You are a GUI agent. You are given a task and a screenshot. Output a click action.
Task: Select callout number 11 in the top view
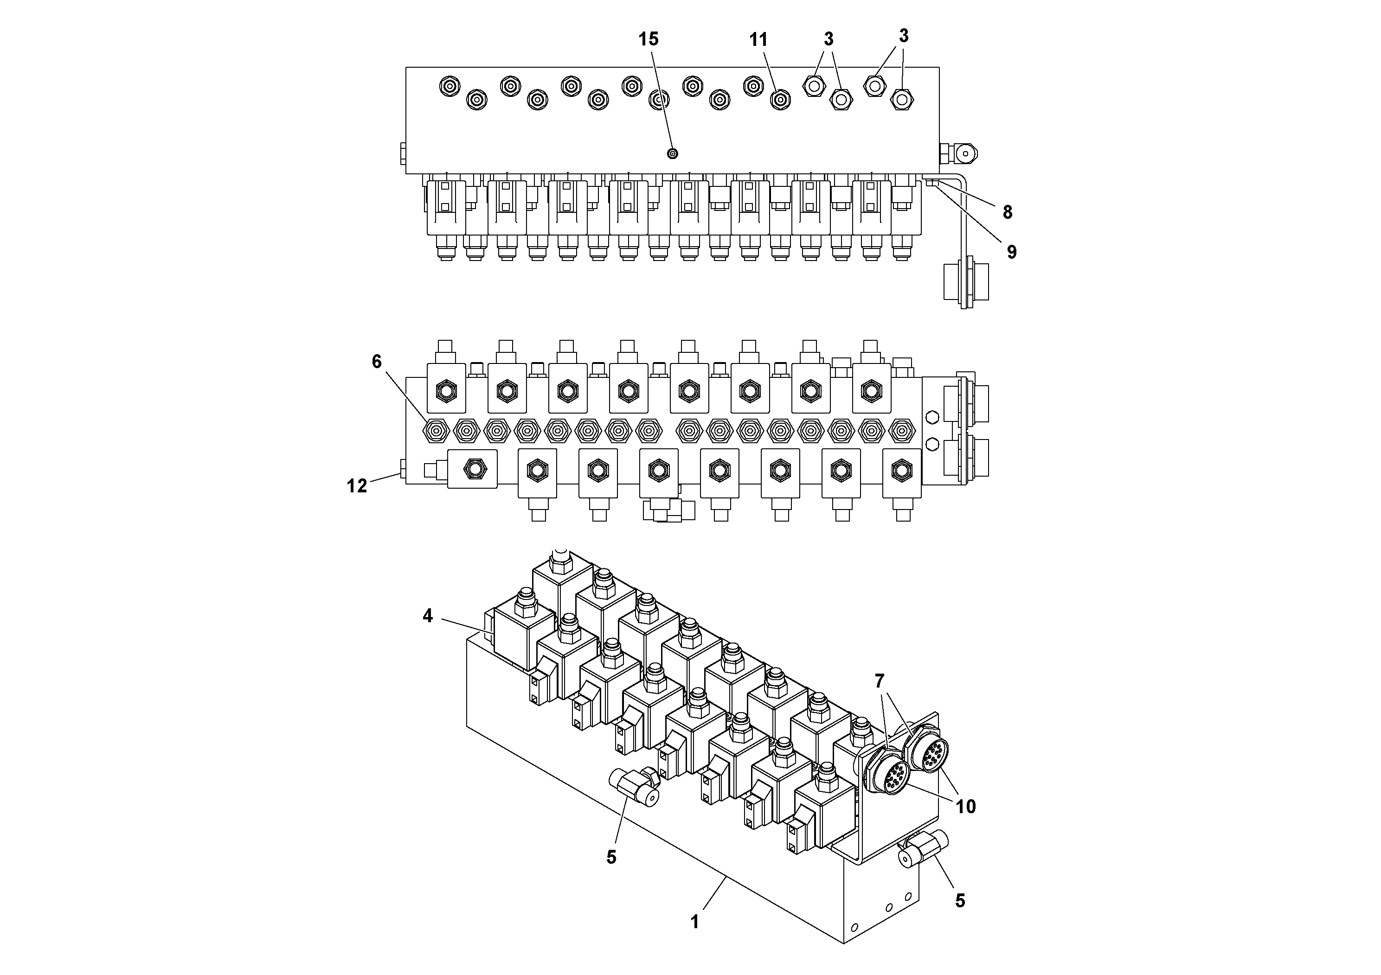tap(758, 40)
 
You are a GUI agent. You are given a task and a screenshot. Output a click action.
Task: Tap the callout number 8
tap(1007, 212)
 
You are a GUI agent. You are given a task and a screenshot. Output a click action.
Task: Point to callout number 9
tap(1011, 252)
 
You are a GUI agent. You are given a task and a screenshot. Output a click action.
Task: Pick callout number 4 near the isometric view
tap(428, 616)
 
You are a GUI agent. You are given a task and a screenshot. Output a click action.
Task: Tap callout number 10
tap(965, 806)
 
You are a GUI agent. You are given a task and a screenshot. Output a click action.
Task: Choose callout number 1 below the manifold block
tap(695, 922)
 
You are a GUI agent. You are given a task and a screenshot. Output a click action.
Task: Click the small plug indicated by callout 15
tap(673, 153)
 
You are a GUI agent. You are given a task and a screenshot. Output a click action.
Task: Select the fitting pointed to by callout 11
tap(780, 99)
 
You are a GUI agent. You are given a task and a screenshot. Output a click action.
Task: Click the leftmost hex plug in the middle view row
tap(436, 430)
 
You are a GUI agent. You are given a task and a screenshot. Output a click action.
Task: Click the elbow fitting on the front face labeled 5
tap(635, 787)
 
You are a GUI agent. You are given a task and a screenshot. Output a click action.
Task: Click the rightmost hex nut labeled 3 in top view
tap(901, 99)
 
